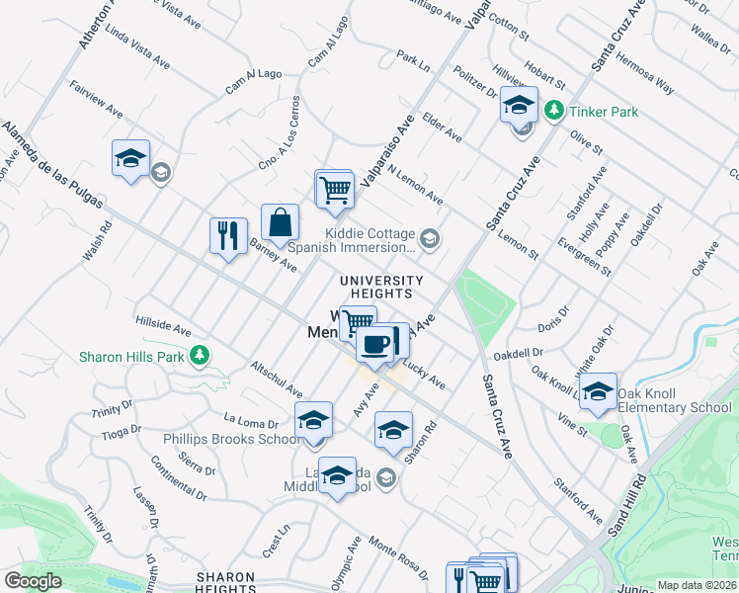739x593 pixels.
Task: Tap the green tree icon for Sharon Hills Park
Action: point(200,354)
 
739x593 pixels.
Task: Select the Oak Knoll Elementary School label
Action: point(675,400)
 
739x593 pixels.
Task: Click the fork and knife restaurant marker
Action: point(228,235)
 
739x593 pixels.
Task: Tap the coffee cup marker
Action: point(375,344)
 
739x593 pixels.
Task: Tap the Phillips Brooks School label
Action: point(233,440)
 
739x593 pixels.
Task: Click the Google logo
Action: point(34,581)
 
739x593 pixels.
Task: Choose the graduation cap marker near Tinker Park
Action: point(519,105)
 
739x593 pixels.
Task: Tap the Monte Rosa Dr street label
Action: point(398,556)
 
